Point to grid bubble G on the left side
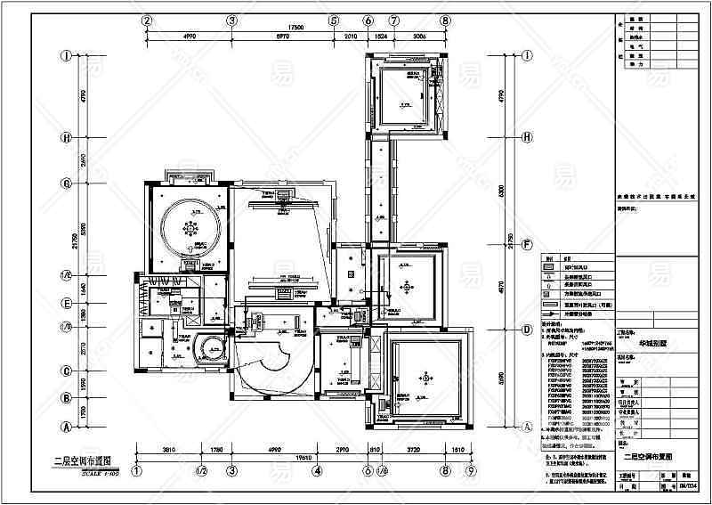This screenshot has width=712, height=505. pos(66,183)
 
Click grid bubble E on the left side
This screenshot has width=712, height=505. pos(66,303)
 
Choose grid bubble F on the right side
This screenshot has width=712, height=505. pos(527,243)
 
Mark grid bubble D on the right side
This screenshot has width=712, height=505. pos(527,329)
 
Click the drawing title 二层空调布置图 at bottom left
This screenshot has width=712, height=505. pos(81,461)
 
